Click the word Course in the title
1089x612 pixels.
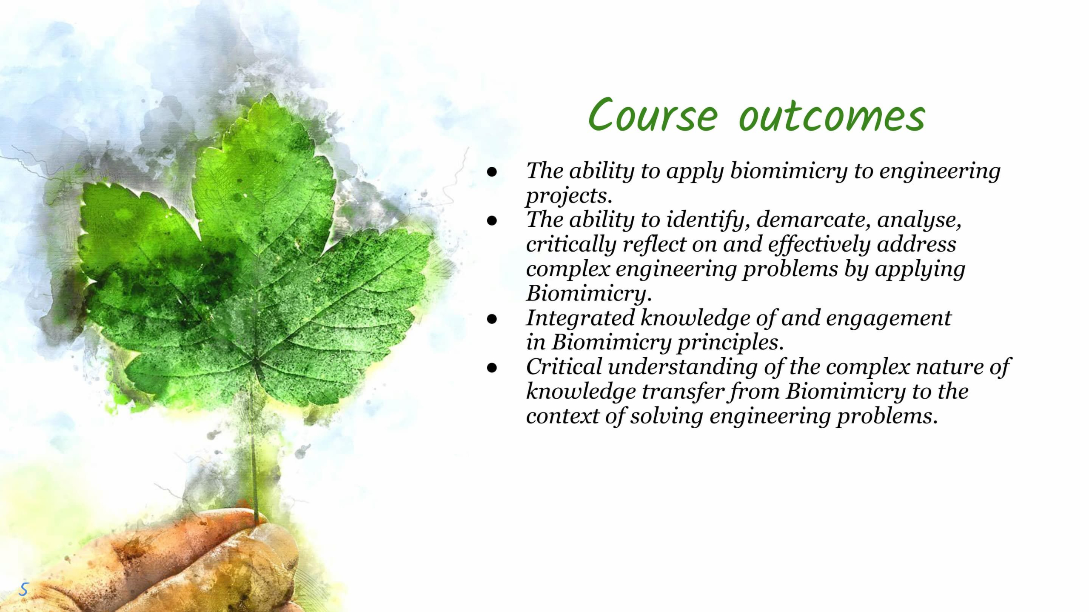(x=653, y=115)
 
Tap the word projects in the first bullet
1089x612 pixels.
(x=569, y=197)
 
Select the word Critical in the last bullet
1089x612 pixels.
(x=564, y=367)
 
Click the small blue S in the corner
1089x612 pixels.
(x=23, y=589)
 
